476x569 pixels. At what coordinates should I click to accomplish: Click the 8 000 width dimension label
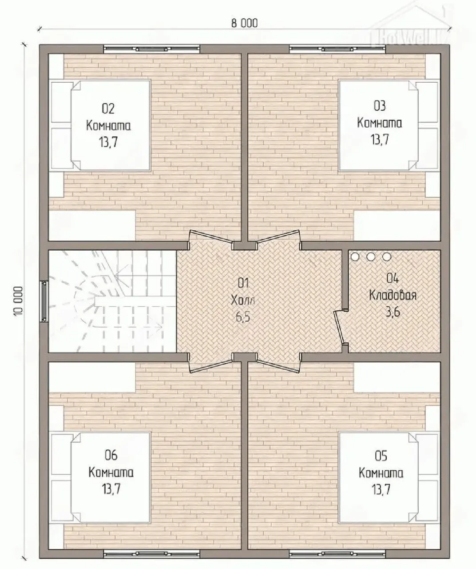[244, 24]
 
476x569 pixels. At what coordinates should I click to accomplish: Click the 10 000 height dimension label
[18, 301]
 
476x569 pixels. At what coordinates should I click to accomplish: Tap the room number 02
[108, 109]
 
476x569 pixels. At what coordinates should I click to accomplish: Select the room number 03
[379, 106]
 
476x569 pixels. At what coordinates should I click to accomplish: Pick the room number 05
[381, 456]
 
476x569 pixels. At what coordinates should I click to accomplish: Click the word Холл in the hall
[243, 301]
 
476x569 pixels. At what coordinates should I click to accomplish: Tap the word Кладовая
[393, 295]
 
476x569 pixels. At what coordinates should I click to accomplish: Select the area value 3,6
[393, 312]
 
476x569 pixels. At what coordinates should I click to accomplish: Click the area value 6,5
[243, 317]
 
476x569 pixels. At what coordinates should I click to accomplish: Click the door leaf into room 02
[211, 236]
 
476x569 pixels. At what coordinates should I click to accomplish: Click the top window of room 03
[337, 49]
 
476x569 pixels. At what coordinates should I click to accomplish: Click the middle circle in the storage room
[371, 256]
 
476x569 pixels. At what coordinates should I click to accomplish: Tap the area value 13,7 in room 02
[108, 142]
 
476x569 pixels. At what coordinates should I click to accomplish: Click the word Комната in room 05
[381, 473]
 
